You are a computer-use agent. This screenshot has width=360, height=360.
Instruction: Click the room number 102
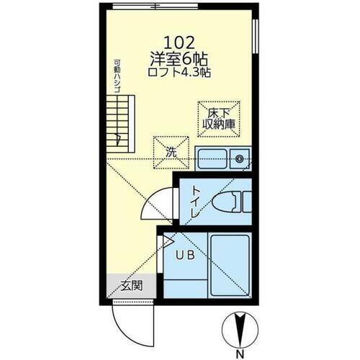click(x=179, y=42)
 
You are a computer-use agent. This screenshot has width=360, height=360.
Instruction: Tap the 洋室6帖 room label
click(x=179, y=58)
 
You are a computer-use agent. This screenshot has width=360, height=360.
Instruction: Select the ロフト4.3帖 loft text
click(x=179, y=73)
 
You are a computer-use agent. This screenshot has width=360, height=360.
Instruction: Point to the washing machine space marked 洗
click(x=171, y=153)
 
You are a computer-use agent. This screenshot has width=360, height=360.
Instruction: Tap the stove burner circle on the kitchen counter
click(x=240, y=158)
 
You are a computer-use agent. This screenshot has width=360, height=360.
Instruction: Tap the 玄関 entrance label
click(x=130, y=285)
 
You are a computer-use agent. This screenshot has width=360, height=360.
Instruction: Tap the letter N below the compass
click(x=239, y=354)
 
